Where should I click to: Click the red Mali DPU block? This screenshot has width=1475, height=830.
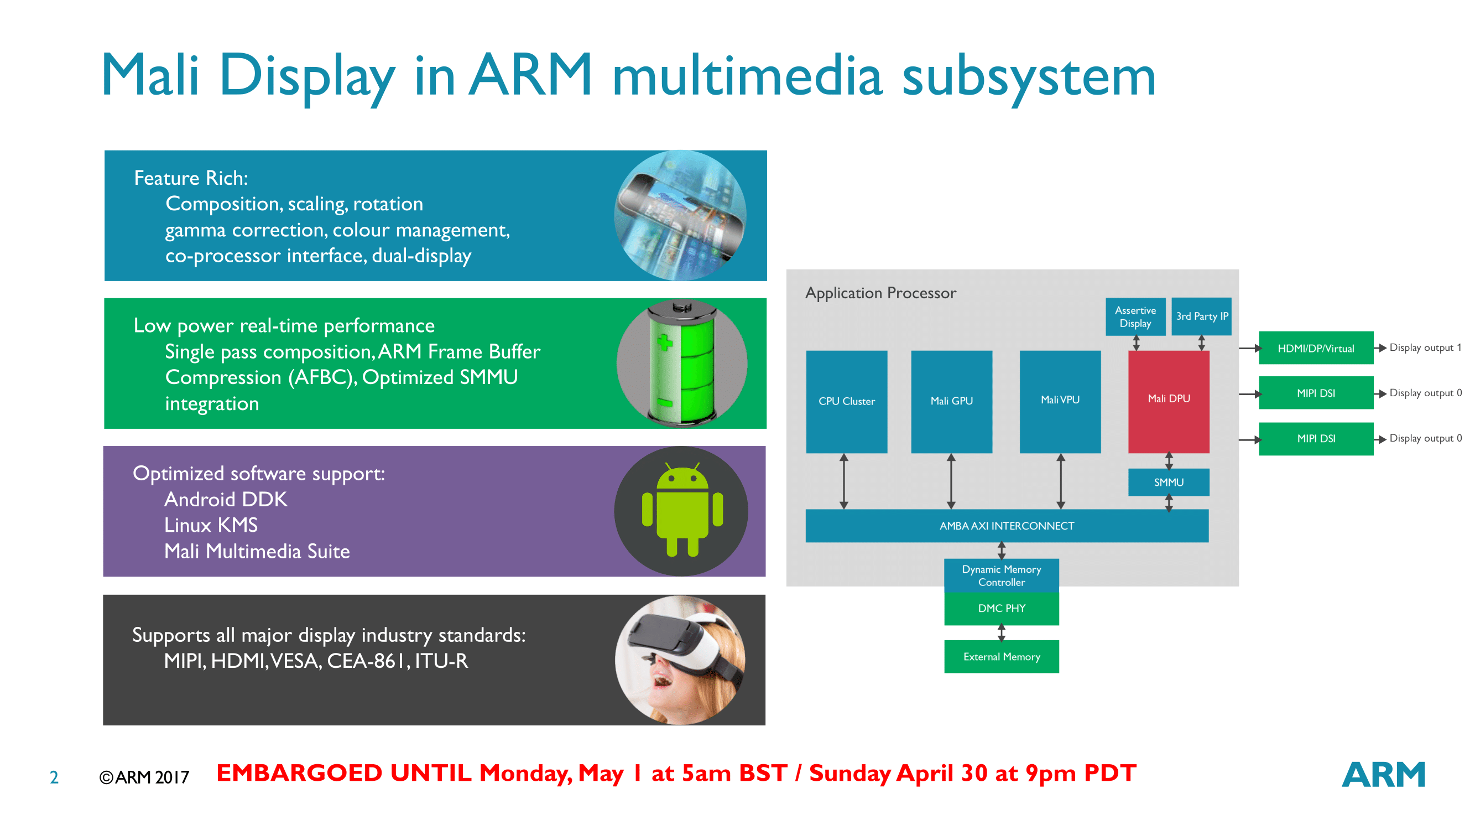(1168, 401)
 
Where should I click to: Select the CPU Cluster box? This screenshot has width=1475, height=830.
(846, 401)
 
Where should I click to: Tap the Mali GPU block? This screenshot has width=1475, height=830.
(951, 401)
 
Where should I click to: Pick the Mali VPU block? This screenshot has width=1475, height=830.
(1060, 401)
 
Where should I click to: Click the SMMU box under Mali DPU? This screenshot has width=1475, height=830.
(1168, 483)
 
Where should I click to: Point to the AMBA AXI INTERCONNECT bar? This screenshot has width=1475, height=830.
(1007, 526)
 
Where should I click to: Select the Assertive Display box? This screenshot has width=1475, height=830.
(1135, 316)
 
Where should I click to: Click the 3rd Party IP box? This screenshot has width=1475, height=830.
(1201, 316)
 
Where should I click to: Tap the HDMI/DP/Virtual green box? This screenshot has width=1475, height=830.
(1315, 347)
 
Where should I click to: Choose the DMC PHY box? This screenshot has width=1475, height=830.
(1001, 608)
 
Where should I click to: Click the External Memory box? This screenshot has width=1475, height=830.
(1001, 656)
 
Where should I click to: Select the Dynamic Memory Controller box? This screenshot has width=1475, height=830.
(1001, 575)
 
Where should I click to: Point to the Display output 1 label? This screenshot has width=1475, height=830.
(1425, 347)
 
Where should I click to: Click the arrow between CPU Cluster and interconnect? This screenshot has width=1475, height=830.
(843, 481)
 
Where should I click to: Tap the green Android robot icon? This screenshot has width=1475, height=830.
(682, 510)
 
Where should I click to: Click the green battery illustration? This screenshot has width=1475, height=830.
(681, 363)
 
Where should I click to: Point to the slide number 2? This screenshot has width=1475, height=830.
(54, 777)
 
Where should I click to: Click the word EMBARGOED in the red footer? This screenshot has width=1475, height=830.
(299, 774)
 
